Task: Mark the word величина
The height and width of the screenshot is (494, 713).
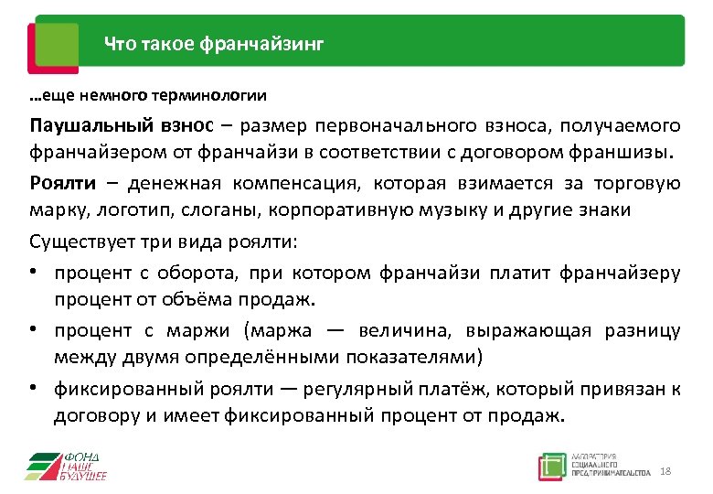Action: [407, 329]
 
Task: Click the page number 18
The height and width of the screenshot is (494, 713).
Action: [665, 470]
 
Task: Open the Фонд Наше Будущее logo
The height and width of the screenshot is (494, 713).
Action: [66, 466]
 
